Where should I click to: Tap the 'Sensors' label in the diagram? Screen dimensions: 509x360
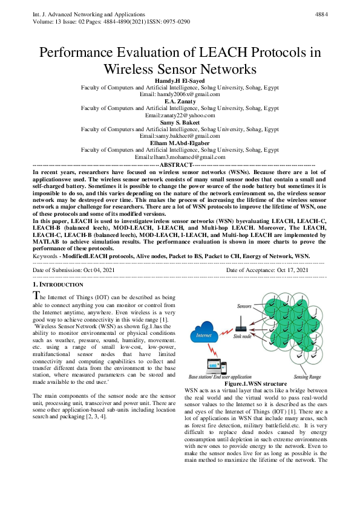click(244, 307)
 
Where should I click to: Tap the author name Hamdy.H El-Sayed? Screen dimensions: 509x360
click(180, 80)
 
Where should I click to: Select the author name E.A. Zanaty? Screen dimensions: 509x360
click(180, 101)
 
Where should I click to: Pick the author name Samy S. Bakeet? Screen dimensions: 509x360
click(180, 122)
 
